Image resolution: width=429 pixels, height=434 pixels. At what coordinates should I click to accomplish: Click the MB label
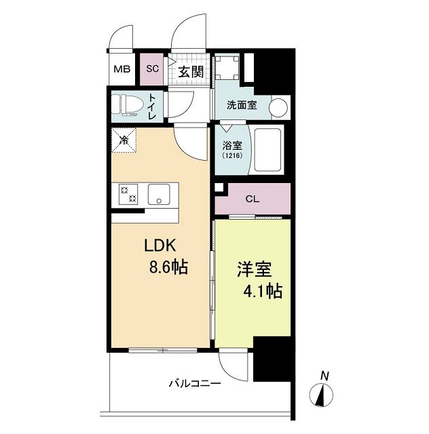[122, 69]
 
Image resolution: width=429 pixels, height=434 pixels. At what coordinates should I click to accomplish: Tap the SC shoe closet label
[153, 69]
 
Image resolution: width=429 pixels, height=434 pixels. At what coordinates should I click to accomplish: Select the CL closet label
[252, 199]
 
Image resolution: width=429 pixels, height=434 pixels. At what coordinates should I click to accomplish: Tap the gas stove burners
[129, 195]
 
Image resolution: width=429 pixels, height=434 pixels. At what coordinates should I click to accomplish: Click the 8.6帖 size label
[168, 267]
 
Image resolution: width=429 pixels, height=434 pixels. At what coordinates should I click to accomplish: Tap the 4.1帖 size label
[263, 292]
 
